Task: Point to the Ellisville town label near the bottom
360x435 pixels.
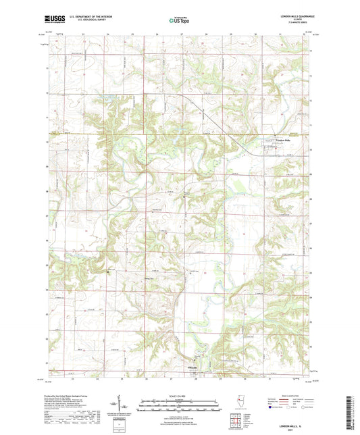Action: click(192, 367)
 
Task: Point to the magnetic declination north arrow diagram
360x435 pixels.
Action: click(122, 405)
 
